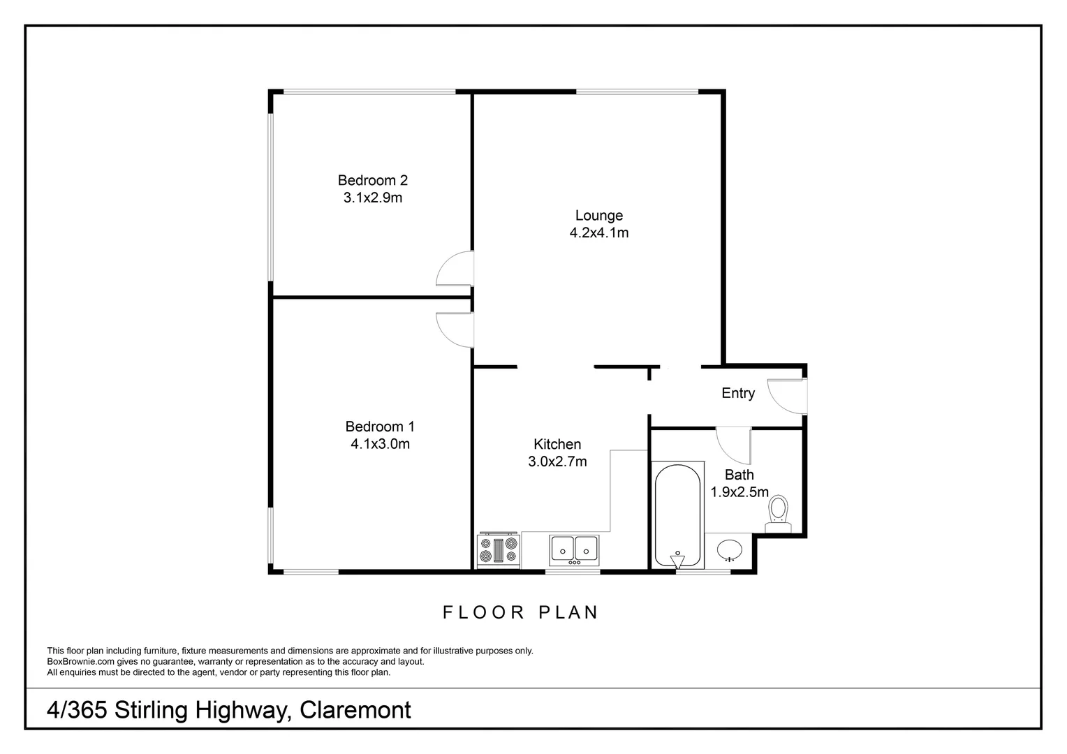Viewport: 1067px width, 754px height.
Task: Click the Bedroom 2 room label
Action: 372,180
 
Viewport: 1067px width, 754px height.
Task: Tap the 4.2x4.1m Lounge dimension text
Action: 598,233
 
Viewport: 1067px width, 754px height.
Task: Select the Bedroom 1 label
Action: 380,426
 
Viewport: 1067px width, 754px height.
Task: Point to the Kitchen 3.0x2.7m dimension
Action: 557,461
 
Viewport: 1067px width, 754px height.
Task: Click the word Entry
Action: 738,393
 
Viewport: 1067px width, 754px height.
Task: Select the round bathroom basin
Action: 730,550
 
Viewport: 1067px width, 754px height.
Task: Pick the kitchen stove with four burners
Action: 499,550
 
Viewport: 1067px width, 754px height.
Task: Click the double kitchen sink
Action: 574,549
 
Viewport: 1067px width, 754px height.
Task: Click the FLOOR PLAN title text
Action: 521,612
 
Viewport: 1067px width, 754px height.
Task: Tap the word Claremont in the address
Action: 355,710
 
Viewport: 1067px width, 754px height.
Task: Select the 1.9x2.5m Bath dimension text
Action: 739,492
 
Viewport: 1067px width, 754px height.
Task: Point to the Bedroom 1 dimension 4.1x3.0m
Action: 380,444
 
